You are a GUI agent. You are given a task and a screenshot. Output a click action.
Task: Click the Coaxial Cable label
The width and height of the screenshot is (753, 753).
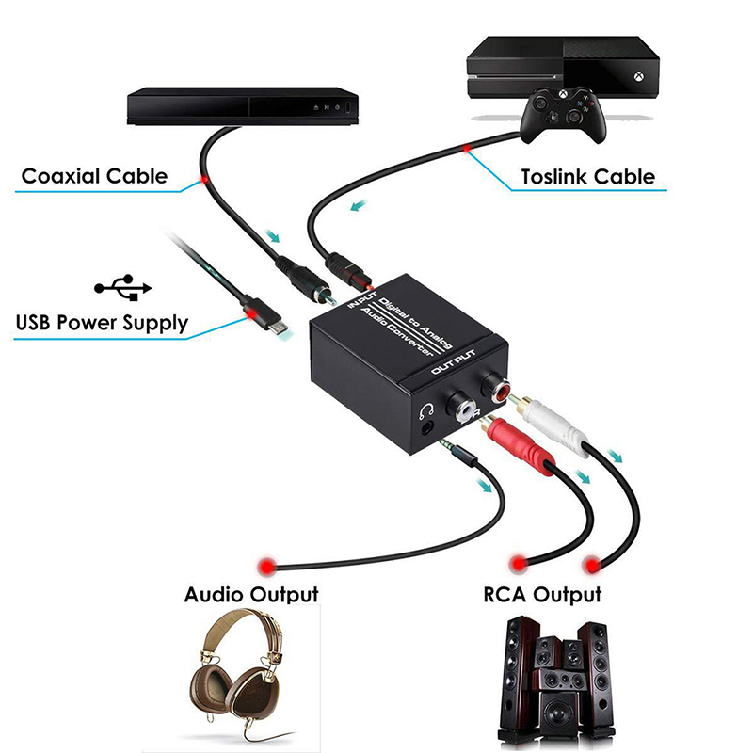tap(94, 175)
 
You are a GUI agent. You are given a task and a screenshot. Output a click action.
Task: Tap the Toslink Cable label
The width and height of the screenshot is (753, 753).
tap(588, 176)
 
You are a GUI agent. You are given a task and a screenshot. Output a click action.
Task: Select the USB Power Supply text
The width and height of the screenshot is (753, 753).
tap(102, 324)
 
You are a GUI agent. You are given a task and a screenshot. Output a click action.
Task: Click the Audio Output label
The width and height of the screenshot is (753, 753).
tap(250, 594)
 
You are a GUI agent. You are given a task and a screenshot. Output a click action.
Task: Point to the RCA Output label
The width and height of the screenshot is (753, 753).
tap(541, 594)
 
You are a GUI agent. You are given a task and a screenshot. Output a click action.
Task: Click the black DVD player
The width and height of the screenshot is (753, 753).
tap(243, 104)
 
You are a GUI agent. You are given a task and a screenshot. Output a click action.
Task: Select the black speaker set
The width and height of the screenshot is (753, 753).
tap(556, 678)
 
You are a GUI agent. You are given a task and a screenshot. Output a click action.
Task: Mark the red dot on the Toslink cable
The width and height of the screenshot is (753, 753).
tap(467, 148)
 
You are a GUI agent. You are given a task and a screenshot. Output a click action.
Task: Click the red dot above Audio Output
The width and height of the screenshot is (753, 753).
tap(265, 565)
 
